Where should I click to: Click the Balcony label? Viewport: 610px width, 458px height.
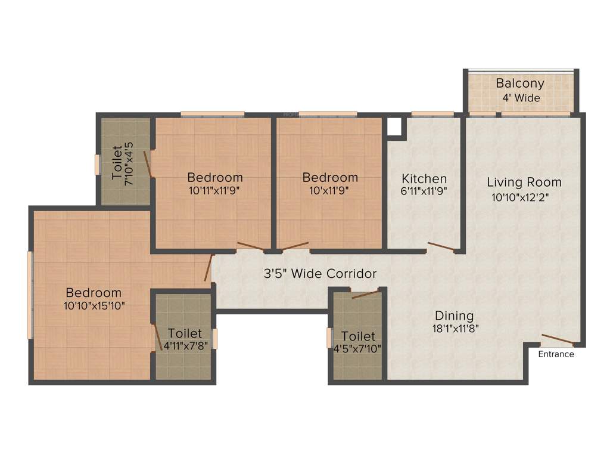pos(520,83)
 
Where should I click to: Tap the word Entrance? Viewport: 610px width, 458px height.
pos(556,354)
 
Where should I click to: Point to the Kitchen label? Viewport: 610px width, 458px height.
pos(424,178)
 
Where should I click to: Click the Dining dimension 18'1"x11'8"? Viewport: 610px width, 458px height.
pos(454,328)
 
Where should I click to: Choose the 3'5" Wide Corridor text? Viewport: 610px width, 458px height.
pos(320,274)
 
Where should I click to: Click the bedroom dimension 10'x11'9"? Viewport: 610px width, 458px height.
pos(330,191)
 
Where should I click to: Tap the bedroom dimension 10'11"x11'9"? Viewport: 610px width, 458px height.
pos(215,191)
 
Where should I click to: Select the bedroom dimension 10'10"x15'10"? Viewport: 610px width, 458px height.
pos(94,305)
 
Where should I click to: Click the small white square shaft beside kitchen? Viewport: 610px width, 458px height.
pos(394,127)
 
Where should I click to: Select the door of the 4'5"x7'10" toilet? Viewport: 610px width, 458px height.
pos(365,294)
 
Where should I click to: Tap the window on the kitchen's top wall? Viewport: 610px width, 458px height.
pos(432,113)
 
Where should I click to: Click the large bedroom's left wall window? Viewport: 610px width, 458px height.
pos(30,295)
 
